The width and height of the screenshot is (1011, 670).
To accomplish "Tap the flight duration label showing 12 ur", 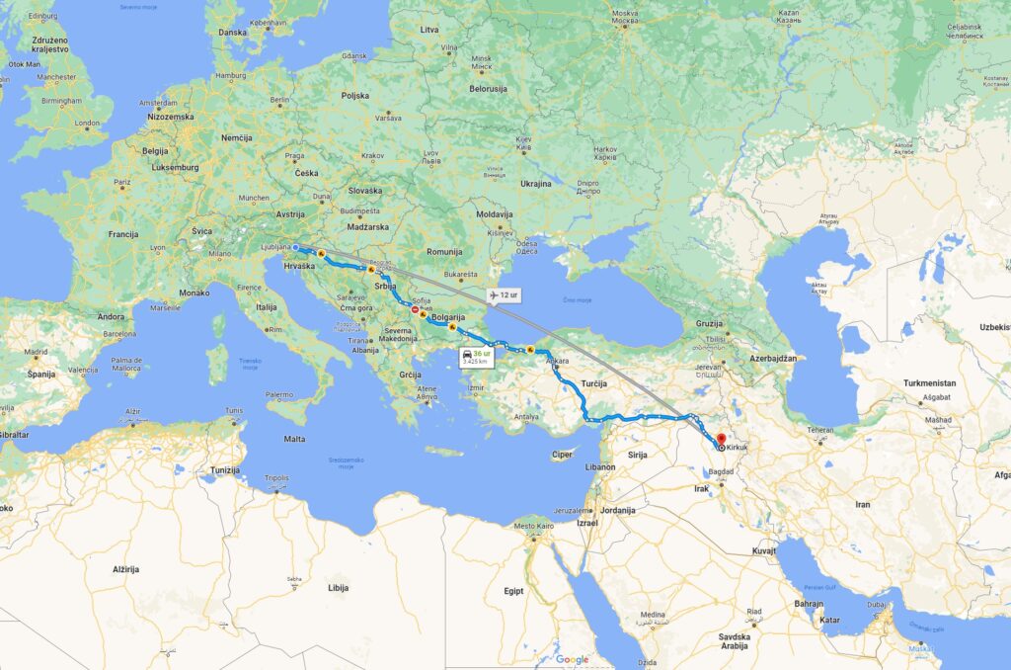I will pyautogui.click(x=503, y=294).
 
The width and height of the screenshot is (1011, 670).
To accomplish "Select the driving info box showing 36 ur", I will pyautogui.click(x=476, y=357).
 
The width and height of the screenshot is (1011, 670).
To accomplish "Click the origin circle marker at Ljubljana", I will pyautogui.click(x=296, y=247).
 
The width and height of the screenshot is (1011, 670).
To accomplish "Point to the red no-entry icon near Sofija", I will pyautogui.click(x=415, y=310).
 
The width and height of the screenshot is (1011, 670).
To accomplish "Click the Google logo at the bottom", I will pyautogui.click(x=572, y=659).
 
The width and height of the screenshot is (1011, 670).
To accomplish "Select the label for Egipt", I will pyautogui.click(x=513, y=590).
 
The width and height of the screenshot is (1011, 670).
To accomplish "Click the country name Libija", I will pyautogui.click(x=339, y=587).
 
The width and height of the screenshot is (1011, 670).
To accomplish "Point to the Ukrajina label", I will pyautogui.click(x=536, y=183).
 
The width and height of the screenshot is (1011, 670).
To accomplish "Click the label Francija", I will pyautogui.click(x=123, y=234).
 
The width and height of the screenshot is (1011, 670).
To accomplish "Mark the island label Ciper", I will pyautogui.click(x=562, y=455).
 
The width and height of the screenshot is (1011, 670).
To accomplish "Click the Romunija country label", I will pyautogui.click(x=445, y=252).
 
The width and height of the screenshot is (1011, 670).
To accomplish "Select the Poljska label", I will pyautogui.click(x=354, y=95).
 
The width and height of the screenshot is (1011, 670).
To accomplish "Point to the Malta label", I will pyautogui.click(x=294, y=438).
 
